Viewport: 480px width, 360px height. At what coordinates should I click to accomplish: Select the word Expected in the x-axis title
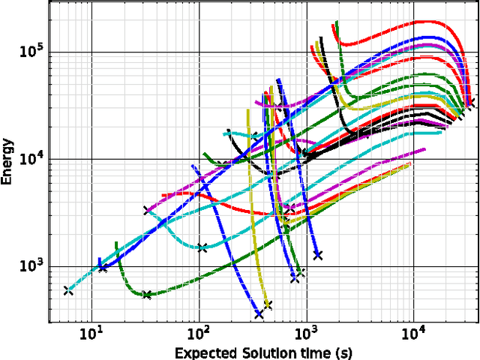coord(205,352)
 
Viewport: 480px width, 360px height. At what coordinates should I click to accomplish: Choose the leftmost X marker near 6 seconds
coord(68,290)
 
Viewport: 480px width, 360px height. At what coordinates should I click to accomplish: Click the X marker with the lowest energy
coord(259,314)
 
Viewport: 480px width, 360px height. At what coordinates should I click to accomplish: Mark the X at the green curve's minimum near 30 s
coord(147,295)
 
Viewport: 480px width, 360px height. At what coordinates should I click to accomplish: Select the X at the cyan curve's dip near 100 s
coord(202,247)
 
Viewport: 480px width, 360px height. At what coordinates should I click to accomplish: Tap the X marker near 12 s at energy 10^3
coord(103,267)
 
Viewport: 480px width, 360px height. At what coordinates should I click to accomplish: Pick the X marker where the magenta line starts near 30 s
coord(147,210)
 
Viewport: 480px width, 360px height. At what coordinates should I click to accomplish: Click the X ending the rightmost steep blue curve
coord(318,255)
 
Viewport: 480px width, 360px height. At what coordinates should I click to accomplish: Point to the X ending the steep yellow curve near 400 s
coord(268,305)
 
